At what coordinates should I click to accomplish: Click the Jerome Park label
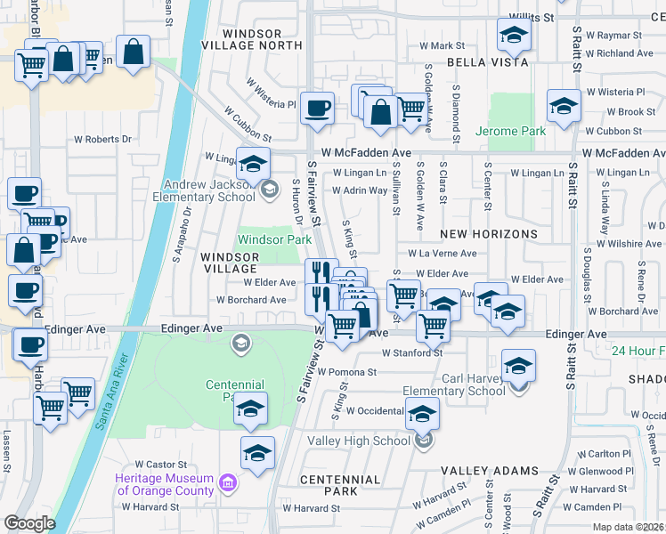pyautogui.click(x=510, y=131)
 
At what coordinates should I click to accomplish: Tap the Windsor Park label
pyautogui.click(x=274, y=239)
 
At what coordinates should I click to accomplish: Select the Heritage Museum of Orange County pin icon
pyautogui.click(x=229, y=483)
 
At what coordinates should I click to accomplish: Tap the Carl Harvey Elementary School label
pyautogui.click(x=454, y=384)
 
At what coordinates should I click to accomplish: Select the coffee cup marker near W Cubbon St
pyautogui.click(x=318, y=109)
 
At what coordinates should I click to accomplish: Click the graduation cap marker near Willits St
pyautogui.click(x=514, y=35)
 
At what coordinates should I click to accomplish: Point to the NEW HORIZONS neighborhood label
pyautogui.click(x=489, y=234)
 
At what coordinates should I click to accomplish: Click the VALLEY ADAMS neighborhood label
pyautogui.click(x=490, y=471)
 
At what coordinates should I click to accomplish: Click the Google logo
pyautogui.click(x=29, y=523)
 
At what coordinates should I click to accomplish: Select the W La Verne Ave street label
pyautogui.click(x=442, y=253)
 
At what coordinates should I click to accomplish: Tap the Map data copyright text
pyautogui.click(x=629, y=527)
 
